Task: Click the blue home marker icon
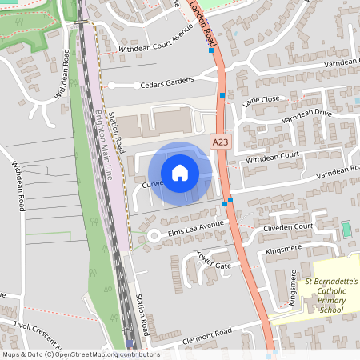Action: (x=179, y=172)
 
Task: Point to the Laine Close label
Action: (x=261, y=99)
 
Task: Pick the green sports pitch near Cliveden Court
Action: (x=346, y=230)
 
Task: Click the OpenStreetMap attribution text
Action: (x=80, y=354)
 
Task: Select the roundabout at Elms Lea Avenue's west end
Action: (x=152, y=235)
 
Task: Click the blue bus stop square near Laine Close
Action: (x=223, y=95)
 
